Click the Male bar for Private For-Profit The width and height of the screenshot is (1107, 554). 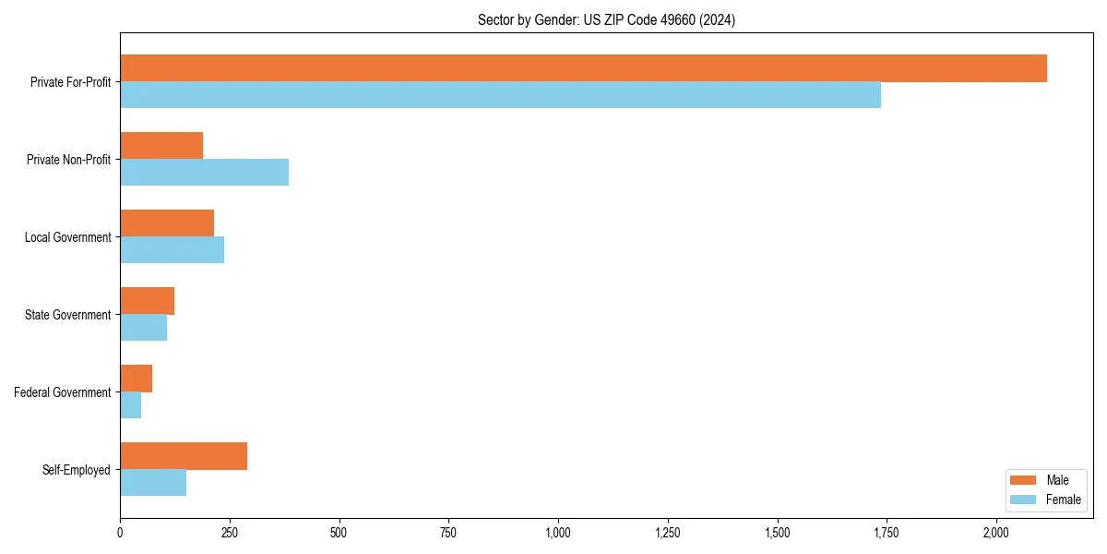click(x=583, y=68)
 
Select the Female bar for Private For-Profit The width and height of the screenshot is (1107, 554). click(x=500, y=95)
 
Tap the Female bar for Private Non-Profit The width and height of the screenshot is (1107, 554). click(x=204, y=173)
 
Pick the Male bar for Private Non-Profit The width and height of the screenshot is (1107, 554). click(x=161, y=146)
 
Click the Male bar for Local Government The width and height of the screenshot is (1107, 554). click(x=167, y=223)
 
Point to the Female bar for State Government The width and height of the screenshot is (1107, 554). click(x=143, y=328)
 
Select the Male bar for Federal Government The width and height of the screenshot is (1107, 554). click(x=136, y=379)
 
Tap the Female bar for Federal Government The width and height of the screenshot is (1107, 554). click(x=130, y=405)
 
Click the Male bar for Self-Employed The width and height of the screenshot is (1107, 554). click(x=184, y=456)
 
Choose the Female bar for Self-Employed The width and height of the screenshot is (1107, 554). click(x=153, y=483)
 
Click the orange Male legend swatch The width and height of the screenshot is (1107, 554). click(x=1024, y=480)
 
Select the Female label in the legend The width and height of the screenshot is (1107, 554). click(x=1063, y=500)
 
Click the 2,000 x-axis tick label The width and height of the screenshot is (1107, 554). click(x=996, y=533)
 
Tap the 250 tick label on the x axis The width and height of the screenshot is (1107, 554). click(x=230, y=533)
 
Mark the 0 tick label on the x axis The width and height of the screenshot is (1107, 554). click(x=120, y=533)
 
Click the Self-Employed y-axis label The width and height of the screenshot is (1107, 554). click(x=77, y=470)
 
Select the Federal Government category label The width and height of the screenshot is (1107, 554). click(x=63, y=392)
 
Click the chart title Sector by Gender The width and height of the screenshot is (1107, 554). click(x=606, y=19)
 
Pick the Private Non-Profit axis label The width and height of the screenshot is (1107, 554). click(x=68, y=160)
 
